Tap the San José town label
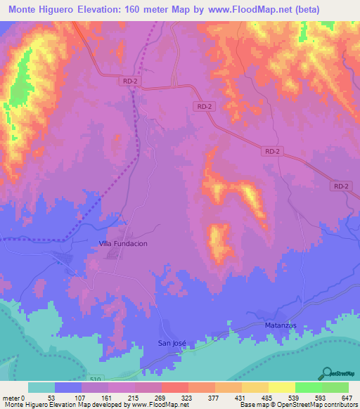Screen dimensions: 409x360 click(172, 343)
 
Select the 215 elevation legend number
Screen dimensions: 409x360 click(135, 397)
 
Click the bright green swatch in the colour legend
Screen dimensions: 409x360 click(309, 387)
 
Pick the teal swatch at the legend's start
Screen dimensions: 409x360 click(41, 387)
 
